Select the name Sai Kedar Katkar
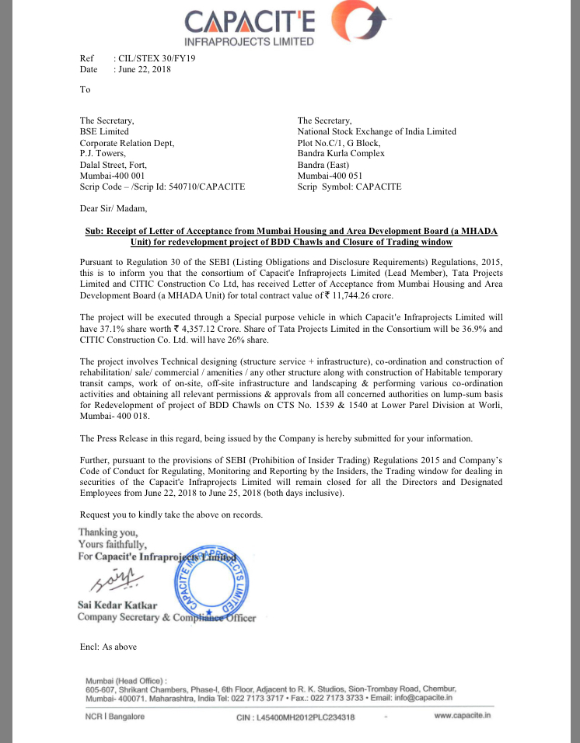click(x=117, y=605)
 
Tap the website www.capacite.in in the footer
click(x=463, y=716)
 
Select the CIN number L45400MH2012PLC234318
click(x=295, y=717)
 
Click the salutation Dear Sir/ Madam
click(x=113, y=208)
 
